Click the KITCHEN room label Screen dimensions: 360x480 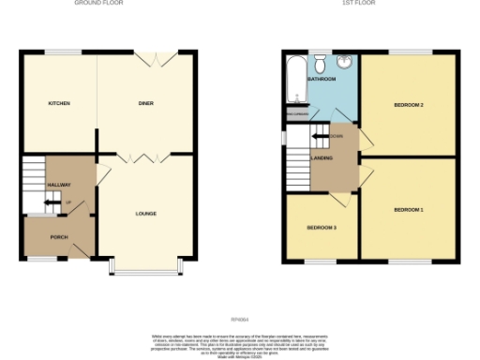[59, 103]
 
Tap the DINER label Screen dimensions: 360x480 [145, 103]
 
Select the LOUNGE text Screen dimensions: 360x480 [144, 213]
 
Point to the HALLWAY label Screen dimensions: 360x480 [59, 185]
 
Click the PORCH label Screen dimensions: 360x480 [58, 236]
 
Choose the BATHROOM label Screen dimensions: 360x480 [322, 81]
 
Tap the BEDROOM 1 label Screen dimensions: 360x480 [409, 208]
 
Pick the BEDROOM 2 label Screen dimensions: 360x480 [409, 104]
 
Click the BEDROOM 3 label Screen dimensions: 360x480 [322, 227]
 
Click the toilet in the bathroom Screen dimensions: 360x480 [321, 63]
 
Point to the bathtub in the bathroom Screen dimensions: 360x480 [296, 75]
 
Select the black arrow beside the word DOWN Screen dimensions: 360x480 [320, 136]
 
